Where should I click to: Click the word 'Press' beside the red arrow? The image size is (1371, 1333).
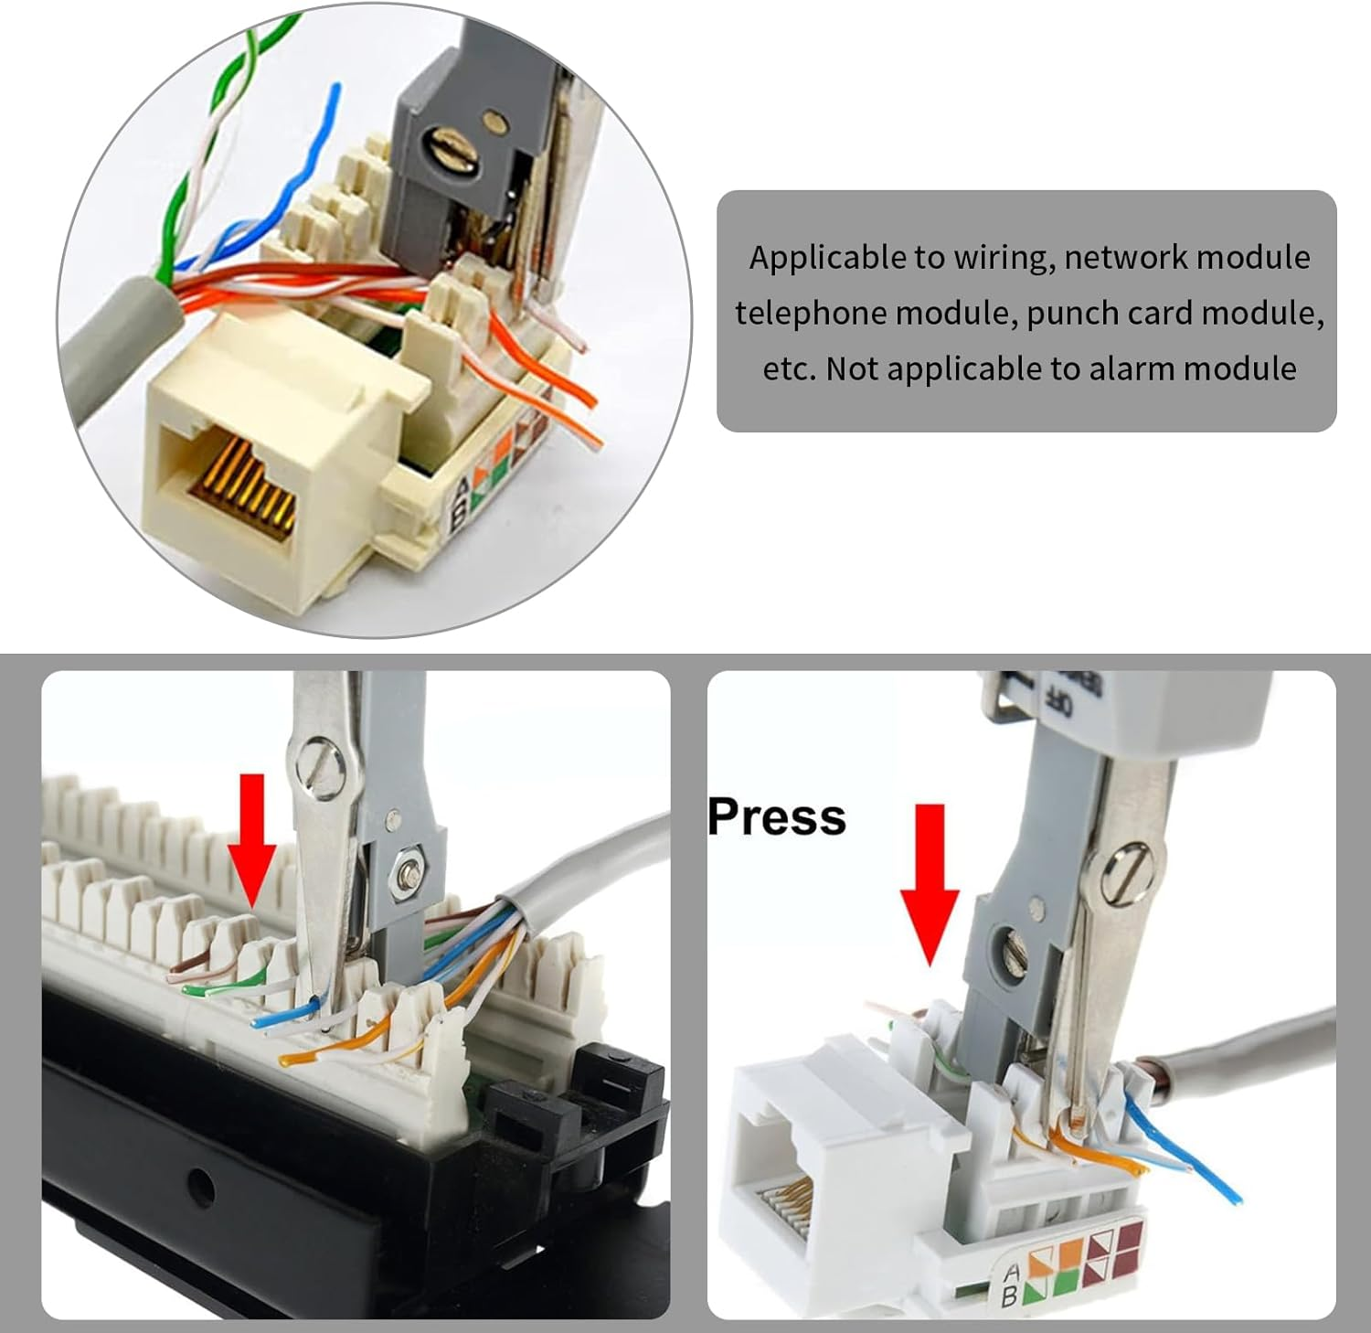(776, 816)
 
